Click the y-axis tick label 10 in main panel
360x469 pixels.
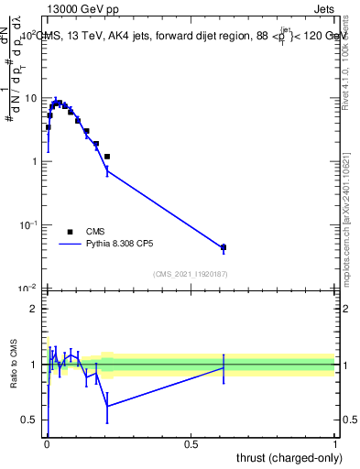[29, 97]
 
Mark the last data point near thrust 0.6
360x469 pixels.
[224, 247]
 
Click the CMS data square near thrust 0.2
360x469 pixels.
[107, 157]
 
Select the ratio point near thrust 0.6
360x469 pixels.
[224, 367]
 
